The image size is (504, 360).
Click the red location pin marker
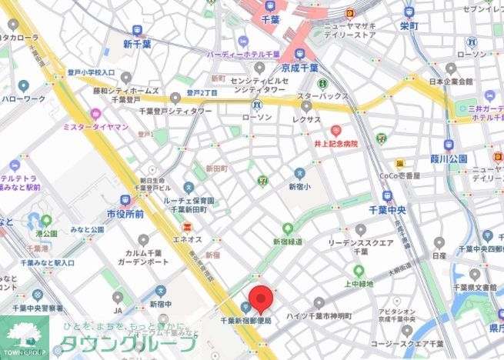(262, 298)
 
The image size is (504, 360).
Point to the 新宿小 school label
(299, 186)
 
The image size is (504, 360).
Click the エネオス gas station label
(187, 238)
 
